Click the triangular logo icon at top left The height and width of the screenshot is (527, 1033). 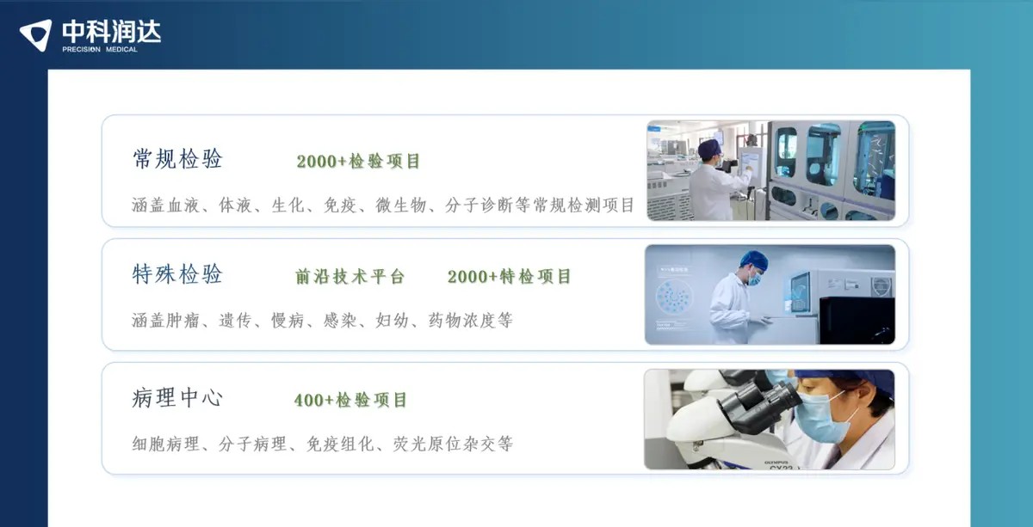click(x=36, y=34)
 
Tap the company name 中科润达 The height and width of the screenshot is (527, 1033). click(x=112, y=31)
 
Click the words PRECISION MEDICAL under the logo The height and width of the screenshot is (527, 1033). click(x=100, y=49)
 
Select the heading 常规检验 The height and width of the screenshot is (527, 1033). click(x=177, y=159)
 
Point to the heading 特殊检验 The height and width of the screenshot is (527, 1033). click(x=177, y=274)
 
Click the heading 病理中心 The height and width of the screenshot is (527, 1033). click(x=177, y=397)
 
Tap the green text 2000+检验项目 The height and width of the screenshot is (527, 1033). click(x=358, y=162)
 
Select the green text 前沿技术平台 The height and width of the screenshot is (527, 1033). click(x=350, y=277)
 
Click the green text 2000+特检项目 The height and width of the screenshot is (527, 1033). click(x=509, y=277)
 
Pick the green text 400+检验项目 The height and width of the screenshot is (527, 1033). click(x=350, y=400)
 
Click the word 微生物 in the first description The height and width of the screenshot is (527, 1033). click(x=401, y=205)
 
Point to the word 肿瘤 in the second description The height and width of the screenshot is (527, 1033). click(x=182, y=320)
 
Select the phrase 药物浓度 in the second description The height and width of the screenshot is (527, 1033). click(x=462, y=320)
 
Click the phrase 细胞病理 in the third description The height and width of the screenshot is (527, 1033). click(x=166, y=444)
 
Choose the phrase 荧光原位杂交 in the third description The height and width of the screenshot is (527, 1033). click(x=444, y=444)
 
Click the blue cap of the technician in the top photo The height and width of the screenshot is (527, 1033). click(x=708, y=148)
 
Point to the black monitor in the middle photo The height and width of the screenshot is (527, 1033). click(x=857, y=321)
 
